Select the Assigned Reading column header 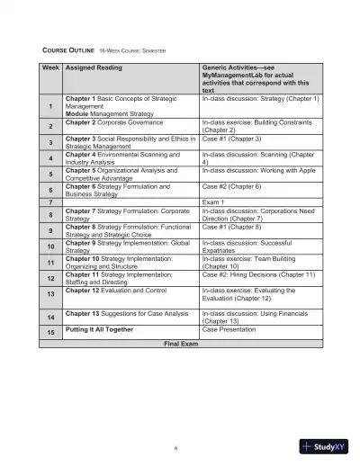click(94, 67)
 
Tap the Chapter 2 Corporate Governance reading click(110, 122)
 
